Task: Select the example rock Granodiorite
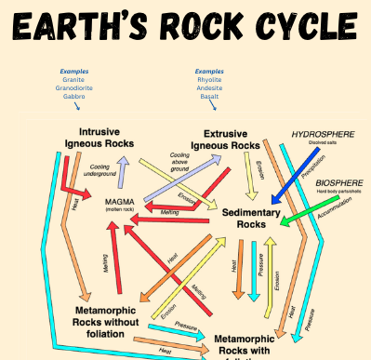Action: click(x=74, y=87)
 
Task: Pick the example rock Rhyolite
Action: click(x=210, y=80)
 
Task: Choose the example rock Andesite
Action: click(x=210, y=87)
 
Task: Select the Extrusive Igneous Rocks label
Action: click(x=225, y=139)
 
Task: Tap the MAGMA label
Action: click(x=122, y=201)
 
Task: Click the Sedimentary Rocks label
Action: click(x=250, y=219)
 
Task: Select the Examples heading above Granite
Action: click(x=74, y=72)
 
